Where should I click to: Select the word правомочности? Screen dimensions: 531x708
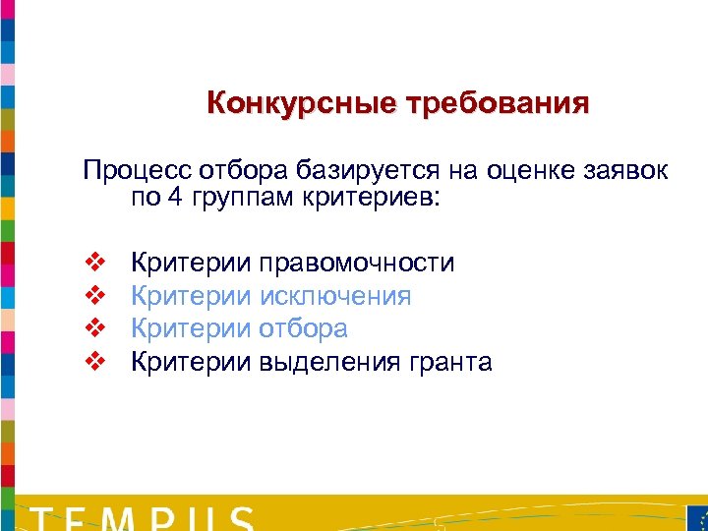(356, 263)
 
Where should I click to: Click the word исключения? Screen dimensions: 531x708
(334, 296)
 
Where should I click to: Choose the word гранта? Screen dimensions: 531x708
(446, 362)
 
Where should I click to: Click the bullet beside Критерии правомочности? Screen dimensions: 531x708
(95, 263)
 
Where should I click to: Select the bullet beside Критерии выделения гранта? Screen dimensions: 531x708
(95, 362)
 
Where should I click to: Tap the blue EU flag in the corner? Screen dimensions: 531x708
(695, 518)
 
